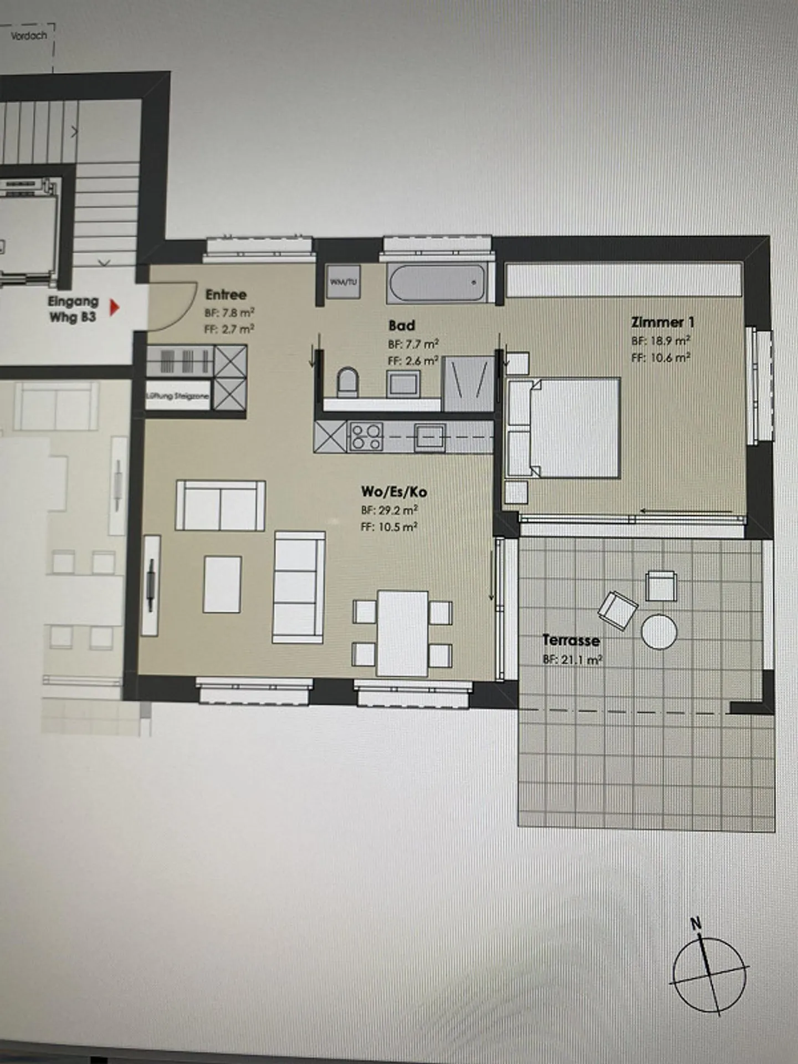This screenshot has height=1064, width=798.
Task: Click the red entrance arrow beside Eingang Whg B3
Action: tap(114, 308)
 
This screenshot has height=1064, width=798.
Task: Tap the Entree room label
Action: tap(226, 295)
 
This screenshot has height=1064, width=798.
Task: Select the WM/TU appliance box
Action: tap(344, 282)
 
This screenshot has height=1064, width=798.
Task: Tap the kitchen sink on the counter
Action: tap(429, 437)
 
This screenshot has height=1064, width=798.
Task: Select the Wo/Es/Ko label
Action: tap(394, 492)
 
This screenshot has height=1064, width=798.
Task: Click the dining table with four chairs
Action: tap(403, 633)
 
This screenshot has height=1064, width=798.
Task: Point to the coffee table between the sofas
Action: tap(222, 584)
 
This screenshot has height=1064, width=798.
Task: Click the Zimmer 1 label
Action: tap(662, 322)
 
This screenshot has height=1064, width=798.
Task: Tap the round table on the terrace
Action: tap(659, 631)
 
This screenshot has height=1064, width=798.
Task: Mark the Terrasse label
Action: tap(571, 641)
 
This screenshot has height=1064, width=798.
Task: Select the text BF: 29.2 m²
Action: tap(389, 510)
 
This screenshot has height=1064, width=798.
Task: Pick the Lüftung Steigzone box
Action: tap(177, 396)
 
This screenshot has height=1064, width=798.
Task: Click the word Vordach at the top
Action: tap(29, 35)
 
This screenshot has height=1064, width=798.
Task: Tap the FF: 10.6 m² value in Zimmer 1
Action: tap(660, 358)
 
